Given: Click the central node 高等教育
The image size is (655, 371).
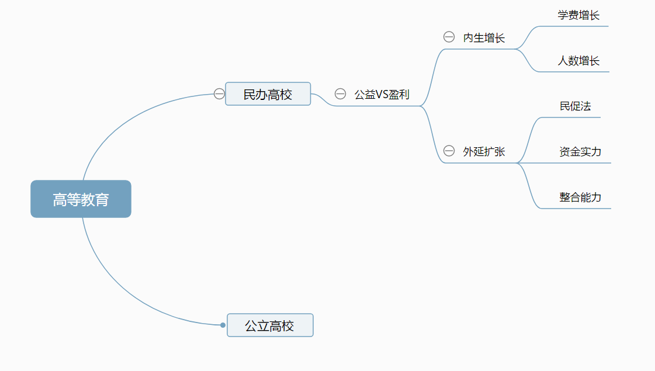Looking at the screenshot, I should click(81, 199).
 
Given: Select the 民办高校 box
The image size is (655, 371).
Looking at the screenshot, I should click(268, 94).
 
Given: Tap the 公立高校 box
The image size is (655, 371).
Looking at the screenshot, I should click(270, 325).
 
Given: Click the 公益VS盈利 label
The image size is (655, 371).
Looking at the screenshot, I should click(382, 94).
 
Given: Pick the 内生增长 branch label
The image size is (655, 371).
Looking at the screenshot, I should click(484, 38).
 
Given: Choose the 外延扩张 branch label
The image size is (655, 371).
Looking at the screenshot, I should click(484, 151).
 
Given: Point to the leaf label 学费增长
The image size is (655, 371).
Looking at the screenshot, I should click(578, 15).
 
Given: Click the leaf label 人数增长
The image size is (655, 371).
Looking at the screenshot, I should click(578, 61).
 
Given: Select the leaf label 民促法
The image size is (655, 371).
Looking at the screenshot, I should click(575, 106).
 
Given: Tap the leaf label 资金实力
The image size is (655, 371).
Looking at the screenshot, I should click(580, 151).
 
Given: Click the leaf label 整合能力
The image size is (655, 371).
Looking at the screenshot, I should click(580, 197).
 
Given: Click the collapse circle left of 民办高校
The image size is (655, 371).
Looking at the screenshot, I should click(219, 93).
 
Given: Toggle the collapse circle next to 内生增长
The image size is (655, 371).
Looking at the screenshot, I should click(449, 37).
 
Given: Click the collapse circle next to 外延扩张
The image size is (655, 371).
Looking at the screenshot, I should click(449, 151).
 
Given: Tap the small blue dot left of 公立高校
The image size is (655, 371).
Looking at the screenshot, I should click(223, 325).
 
